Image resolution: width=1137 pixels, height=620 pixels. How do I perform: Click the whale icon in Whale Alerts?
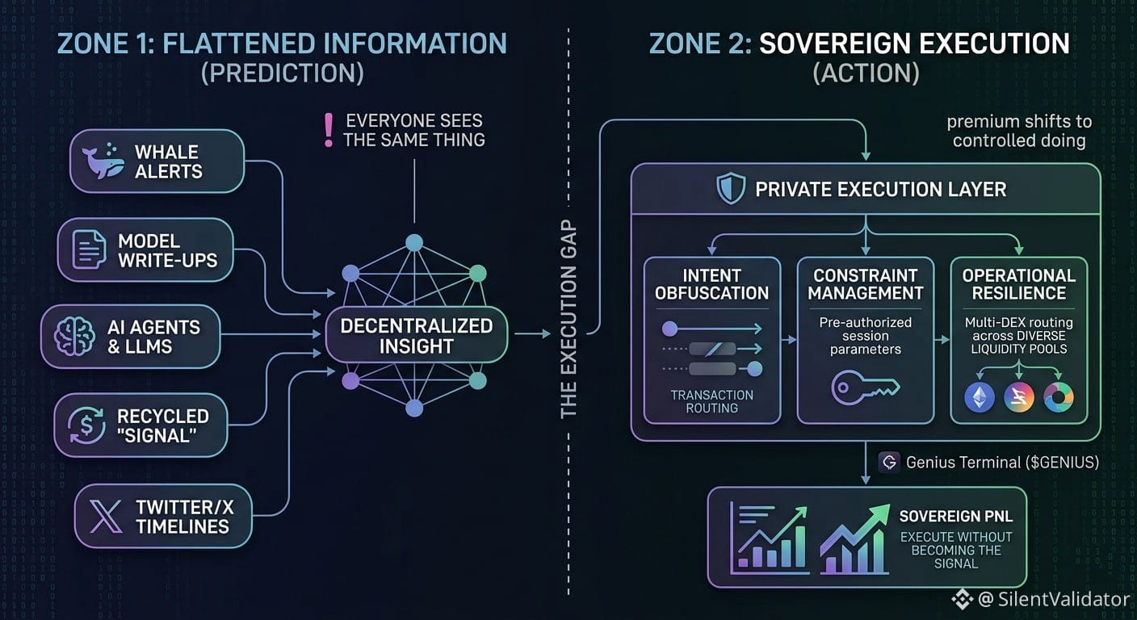point(103,161)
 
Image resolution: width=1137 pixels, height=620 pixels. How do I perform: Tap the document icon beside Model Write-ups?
point(89,249)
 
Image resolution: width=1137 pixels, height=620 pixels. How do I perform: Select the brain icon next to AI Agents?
point(74,336)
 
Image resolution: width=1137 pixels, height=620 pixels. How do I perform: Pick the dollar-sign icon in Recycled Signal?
point(86,425)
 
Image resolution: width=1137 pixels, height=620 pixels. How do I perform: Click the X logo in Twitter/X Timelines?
point(106,517)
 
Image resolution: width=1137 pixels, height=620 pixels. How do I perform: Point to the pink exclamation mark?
point(329,131)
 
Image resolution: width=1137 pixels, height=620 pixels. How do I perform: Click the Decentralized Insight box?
point(416,335)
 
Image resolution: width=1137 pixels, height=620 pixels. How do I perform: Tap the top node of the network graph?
point(414,242)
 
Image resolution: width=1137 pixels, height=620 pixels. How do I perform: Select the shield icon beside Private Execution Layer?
point(731,189)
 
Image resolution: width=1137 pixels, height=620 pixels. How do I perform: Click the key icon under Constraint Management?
point(865,387)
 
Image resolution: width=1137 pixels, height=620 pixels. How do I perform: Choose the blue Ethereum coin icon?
point(980,397)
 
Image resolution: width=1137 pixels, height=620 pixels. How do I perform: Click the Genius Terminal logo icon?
point(889,463)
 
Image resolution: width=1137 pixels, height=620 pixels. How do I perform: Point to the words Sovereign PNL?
point(956,517)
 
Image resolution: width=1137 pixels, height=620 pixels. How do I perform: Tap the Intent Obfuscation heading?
point(711,284)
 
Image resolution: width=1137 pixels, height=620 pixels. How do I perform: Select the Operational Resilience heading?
point(1018,284)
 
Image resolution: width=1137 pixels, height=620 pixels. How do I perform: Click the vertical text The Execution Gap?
point(568,319)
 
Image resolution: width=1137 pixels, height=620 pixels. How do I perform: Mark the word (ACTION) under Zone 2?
point(866,73)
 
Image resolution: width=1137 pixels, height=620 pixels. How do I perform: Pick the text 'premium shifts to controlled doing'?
point(1019,131)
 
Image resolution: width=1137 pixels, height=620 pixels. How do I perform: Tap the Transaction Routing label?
point(711,401)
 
